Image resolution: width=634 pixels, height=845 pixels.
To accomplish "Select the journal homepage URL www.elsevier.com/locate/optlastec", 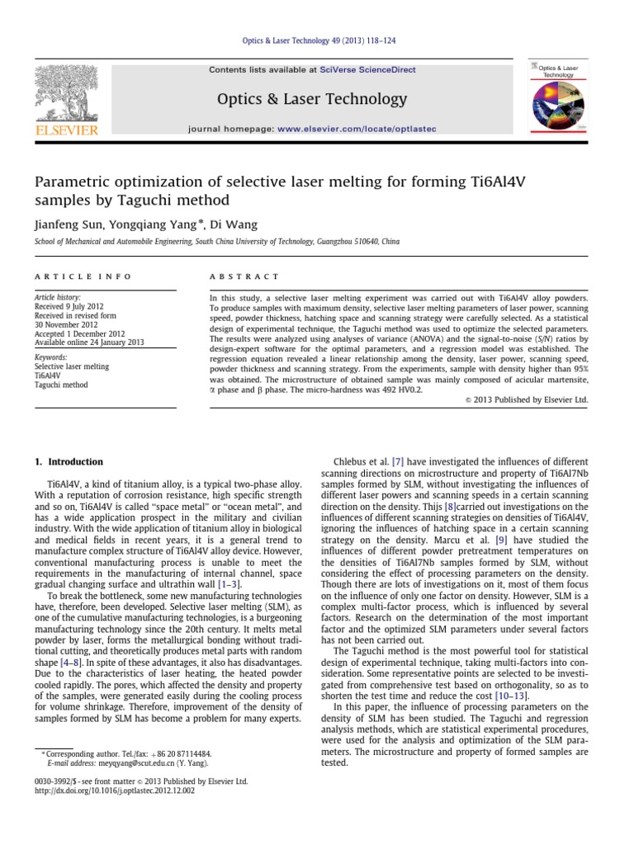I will point(357,130).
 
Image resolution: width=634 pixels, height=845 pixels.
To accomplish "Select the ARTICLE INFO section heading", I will point(69,276).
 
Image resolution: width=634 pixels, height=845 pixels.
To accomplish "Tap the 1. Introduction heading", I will point(69,462).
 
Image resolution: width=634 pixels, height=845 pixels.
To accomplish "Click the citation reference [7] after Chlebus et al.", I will point(398,462).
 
